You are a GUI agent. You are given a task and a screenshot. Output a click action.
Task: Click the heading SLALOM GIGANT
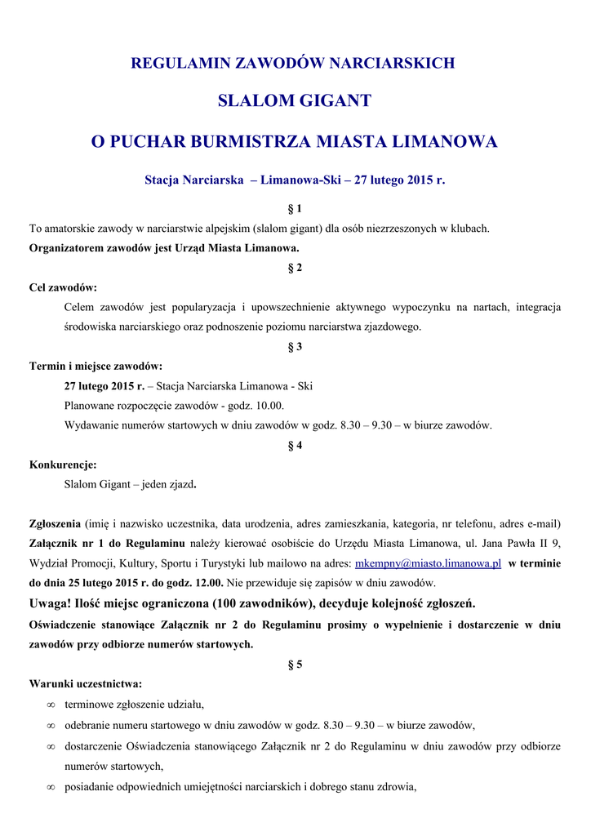coord(295,101)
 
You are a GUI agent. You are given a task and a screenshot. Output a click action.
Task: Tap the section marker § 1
coord(295,209)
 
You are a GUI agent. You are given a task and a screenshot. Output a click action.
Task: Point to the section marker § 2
coord(295,268)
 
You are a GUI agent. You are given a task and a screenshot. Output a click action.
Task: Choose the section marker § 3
coord(295,346)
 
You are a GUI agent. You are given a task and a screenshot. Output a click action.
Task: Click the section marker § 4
coord(295,445)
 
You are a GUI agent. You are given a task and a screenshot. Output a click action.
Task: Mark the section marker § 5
coord(295,665)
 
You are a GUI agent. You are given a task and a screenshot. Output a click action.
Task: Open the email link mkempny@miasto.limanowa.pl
coord(428,563)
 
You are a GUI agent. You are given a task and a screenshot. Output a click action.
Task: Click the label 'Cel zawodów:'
coord(63,287)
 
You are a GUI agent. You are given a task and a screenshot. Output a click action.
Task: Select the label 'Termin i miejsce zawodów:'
coord(96,366)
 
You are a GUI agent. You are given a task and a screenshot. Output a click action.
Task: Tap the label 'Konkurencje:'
coord(63,465)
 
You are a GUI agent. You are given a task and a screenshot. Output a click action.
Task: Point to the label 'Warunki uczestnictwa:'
coord(86,684)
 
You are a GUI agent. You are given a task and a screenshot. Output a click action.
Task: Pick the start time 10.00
coord(269,406)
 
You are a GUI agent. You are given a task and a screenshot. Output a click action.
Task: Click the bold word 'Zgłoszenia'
coord(55,523)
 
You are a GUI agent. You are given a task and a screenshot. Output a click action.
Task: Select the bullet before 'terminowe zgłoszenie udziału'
coord(51,705)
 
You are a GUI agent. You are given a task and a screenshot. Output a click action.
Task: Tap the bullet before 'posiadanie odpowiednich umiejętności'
coord(51,788)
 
